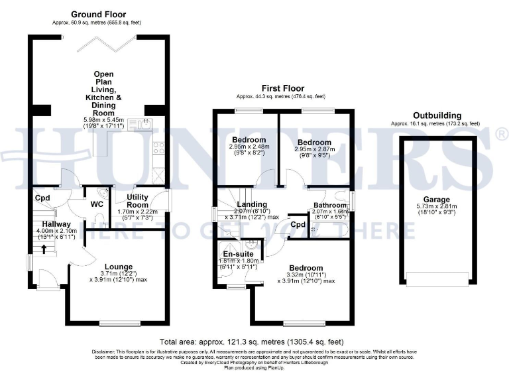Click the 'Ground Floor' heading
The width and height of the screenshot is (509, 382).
(98, 14)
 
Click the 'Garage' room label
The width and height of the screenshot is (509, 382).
(437, 199)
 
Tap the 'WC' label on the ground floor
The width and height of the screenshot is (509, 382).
(96, 204)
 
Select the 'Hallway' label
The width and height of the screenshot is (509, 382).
(47, 223)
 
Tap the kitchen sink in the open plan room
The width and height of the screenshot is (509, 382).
(141, 123)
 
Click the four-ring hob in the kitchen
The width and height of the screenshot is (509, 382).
(159, 149)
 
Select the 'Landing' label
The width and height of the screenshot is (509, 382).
(252, 204)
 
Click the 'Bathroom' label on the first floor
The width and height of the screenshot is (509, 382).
(329, 205)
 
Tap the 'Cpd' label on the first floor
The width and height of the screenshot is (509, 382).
(298, 225)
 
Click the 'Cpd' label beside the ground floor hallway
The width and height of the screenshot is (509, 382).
(42, 198)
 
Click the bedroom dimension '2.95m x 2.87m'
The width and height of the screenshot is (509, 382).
(313, 150)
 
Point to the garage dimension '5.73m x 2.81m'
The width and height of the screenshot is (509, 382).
(437, 206)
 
